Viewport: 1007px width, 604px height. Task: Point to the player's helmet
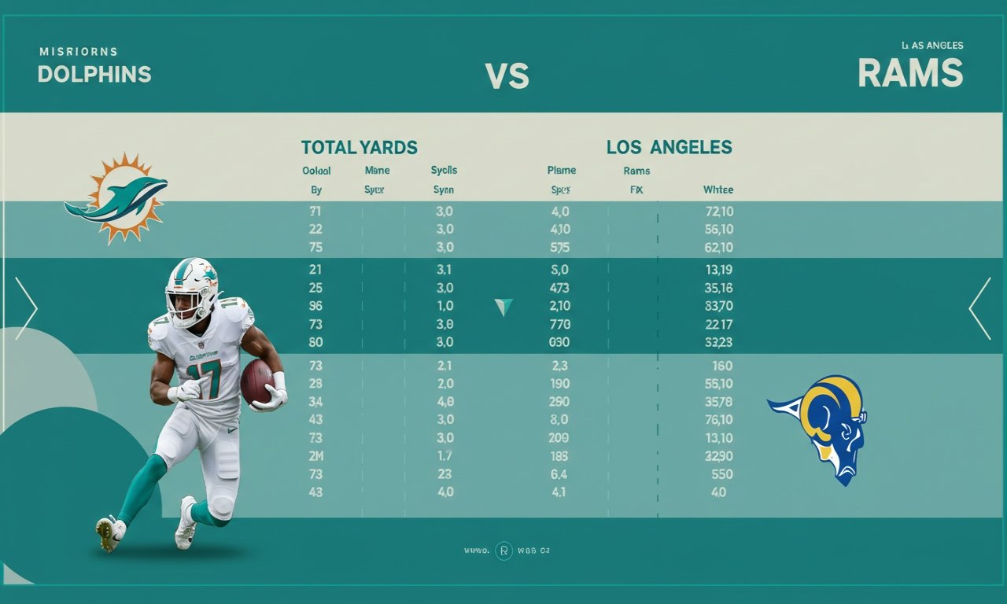point(190,291)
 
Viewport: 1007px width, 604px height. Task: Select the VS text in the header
point(507,76)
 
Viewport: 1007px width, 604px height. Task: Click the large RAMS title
point(910,73)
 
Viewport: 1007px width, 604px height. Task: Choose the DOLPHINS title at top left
point(94,74)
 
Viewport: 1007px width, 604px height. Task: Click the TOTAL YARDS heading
point(359,147)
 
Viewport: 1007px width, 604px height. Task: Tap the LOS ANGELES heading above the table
point(669,147)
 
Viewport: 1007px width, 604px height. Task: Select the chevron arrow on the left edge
point(25,308)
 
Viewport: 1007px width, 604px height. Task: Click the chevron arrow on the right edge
point(980,308)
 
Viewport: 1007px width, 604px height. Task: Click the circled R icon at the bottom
point(503,551)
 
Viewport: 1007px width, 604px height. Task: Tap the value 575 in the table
point(559,247)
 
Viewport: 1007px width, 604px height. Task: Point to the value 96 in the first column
point(315,306)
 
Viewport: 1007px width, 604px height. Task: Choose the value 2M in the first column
point(315,456)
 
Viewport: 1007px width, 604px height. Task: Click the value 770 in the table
point(559,324)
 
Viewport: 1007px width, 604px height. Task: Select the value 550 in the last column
point(721,474)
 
